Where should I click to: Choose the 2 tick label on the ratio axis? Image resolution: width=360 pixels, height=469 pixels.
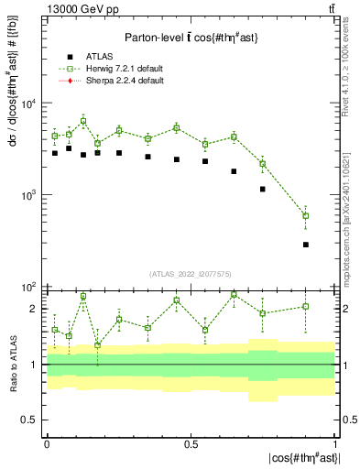[35, 309]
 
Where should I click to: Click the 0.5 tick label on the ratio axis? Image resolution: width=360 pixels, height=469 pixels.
[30, 420]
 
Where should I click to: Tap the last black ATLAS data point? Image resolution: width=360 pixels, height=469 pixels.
[305, 245]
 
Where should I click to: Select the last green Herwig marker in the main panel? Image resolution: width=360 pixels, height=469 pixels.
[305, 216]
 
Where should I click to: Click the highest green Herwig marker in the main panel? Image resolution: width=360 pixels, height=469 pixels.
[83, 121]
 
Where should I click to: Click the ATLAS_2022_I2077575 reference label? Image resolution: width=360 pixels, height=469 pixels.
[190, 273]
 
